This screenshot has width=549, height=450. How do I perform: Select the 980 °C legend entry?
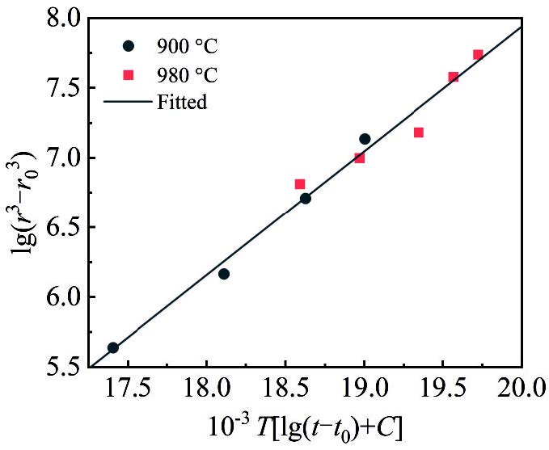[187, 76]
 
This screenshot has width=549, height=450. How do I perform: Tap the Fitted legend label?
[182, 103]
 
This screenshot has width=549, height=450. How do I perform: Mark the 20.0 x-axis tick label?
[522, 391]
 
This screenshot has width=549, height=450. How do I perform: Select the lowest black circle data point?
[113, 347]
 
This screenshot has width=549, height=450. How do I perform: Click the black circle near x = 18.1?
[224, 274]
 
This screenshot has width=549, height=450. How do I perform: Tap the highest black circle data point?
[365, 139]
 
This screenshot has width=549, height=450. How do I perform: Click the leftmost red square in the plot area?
[300, 184]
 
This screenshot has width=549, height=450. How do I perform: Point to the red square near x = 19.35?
[419, 132]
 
